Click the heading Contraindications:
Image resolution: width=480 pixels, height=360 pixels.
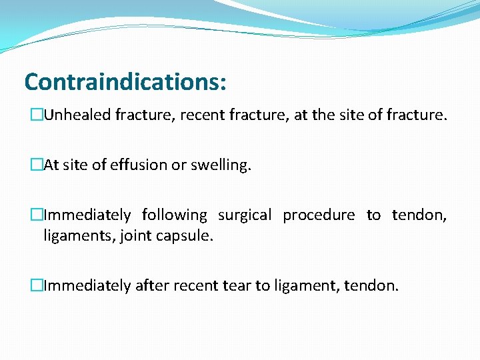(125, 82)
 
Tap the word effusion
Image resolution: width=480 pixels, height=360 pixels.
(135, 165)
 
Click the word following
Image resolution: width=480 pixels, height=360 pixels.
(175, 215)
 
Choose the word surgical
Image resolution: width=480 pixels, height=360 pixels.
(245, 215)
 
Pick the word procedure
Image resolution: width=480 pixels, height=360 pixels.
(319, 215)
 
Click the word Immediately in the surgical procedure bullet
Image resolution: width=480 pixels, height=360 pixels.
(87, 215)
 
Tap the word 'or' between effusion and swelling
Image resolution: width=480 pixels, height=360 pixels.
(178, 165)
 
